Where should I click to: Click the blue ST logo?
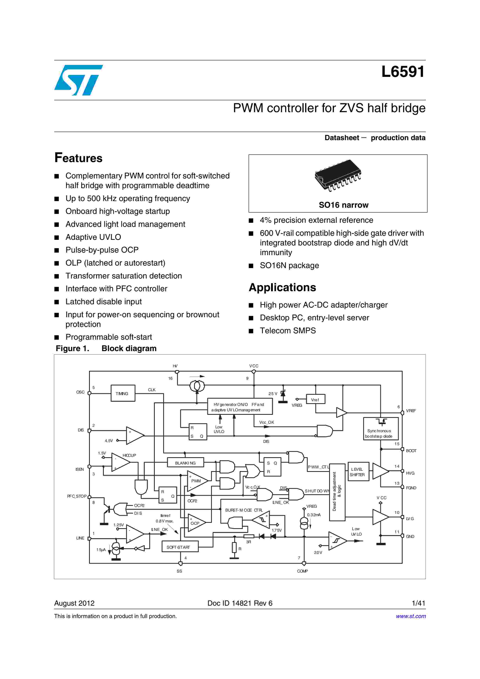pos(78,80)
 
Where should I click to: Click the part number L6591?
pos(403,72)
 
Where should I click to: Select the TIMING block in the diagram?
pos(123,393)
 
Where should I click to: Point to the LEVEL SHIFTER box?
pos(358,472)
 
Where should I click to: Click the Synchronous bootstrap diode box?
pos(381,429)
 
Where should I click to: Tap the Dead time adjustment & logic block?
pos(337,492)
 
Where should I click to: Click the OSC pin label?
pos(80,392)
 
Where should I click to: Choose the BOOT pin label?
pos(411,451)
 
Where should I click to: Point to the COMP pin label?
pos(302,571)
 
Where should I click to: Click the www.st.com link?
pos(411,616)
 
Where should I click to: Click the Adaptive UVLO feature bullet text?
pos(93,237)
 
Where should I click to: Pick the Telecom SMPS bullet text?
pos(288,331)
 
